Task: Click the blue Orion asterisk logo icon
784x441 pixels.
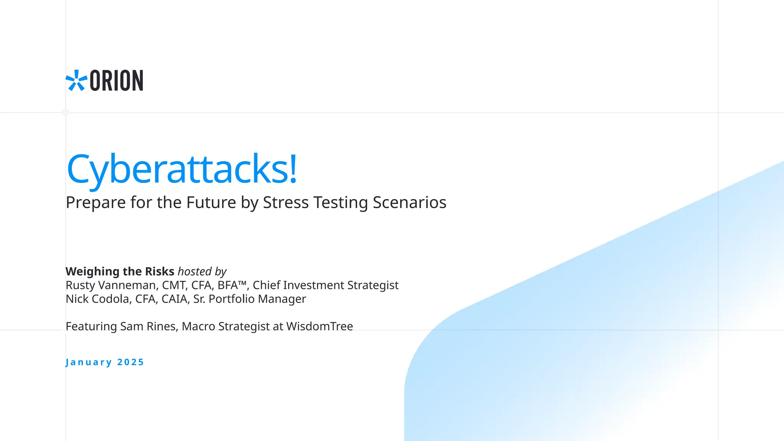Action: coord(76,80)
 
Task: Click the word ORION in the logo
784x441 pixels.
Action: coord(116,81)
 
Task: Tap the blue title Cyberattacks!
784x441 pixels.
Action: coord(182,169)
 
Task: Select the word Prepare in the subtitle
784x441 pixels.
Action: coord(96,203)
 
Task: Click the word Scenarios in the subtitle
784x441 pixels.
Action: coord(409,203)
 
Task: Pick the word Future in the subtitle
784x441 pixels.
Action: coord(211,203)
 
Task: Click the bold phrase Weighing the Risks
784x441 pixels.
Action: coord(120,271)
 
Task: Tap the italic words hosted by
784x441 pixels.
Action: coord(202,271)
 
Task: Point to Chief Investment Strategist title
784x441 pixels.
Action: coord(325,285)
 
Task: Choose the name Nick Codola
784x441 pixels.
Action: coord(97,299)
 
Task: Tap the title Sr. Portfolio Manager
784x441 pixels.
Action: coord(249,299)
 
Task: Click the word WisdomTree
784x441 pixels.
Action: coord(319,327)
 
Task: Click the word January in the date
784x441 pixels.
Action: coord(89,362)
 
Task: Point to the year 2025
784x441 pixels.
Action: coord(131,362)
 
